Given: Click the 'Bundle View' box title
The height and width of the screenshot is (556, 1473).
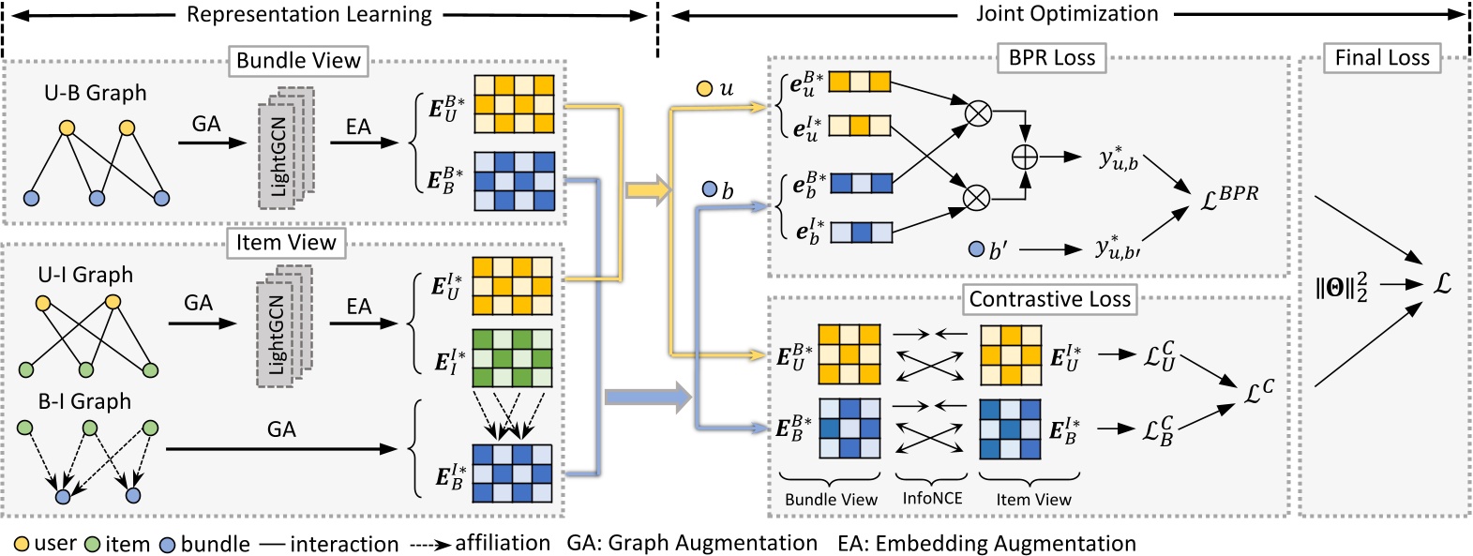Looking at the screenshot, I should tap(298, 61).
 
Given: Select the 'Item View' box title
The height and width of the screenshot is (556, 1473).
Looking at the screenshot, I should tap(286, 243).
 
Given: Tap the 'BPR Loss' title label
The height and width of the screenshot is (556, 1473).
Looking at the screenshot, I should tap(1051, 58).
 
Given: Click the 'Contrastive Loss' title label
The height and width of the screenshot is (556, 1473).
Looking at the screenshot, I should tap(1049, 299).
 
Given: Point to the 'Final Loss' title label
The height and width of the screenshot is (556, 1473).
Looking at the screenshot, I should tap(1382, 58).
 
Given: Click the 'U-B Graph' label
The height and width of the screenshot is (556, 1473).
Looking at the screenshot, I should tap(95, 93).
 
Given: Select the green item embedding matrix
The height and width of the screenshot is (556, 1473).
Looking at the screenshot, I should tap(512, 357).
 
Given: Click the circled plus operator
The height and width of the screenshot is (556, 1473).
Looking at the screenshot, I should tap(1025, 157).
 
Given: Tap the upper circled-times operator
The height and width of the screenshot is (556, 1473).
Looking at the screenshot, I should tap(978, 113).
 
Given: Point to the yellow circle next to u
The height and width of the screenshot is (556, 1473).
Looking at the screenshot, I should tap(704, 90).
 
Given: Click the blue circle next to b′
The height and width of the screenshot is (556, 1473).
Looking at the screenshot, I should tap(976, 249).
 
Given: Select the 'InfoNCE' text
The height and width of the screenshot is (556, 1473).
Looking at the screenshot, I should tap(931, 499).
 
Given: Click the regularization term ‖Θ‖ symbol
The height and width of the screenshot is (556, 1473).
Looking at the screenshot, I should tap(1341, 287).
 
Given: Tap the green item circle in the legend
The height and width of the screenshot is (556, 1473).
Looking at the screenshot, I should tap(92, 544).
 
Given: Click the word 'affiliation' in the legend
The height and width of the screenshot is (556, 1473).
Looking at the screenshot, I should tap(503, 543).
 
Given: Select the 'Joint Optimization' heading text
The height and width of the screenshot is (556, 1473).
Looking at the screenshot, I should tap(1067, 14).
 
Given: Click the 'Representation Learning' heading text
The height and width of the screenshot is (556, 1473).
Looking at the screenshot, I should tap(308, 14).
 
